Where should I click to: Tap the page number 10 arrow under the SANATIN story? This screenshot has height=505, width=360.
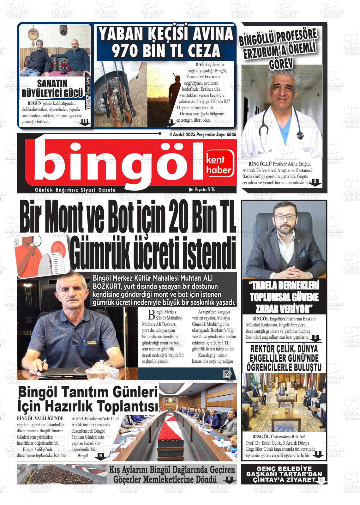(x=85, y=122)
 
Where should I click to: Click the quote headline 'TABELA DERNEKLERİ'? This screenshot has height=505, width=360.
(x=284, y=286)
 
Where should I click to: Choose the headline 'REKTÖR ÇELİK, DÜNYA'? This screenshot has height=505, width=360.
(x=284, y=349)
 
